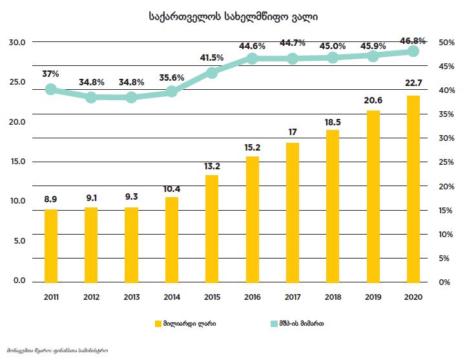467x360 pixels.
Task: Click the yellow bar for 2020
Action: point(413,189)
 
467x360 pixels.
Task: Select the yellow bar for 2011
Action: point(51,246)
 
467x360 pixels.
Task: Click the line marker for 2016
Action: point(253,59)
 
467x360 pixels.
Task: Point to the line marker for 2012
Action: point(92,97)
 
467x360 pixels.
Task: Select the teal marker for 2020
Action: point(413,51)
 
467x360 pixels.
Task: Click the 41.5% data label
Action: point(212,58)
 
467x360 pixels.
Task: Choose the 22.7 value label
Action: point(413,81)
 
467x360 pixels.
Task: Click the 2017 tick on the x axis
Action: point(293,296)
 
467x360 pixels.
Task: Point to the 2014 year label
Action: point(172,296)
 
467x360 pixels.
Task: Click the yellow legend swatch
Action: point(157,324)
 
